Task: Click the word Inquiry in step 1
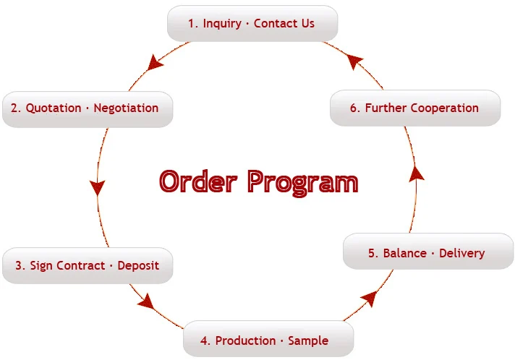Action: [222, 24]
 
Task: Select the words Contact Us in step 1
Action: [284, 24]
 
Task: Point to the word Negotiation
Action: [127, 108]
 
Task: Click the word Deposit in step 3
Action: [138, 265]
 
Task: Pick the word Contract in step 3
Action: [78, 265]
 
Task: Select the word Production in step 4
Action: [245, 340]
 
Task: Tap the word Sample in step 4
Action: [308, 340]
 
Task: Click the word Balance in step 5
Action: [404, 253]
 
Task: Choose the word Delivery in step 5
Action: [461, 253]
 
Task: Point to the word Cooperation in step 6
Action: [444, 108]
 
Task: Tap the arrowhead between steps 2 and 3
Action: [97, 187]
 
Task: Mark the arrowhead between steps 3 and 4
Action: [147, 300]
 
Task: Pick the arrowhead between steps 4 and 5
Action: [369, 296]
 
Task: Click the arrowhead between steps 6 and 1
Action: [354, 62]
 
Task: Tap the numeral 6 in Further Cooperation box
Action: [354, 108]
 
